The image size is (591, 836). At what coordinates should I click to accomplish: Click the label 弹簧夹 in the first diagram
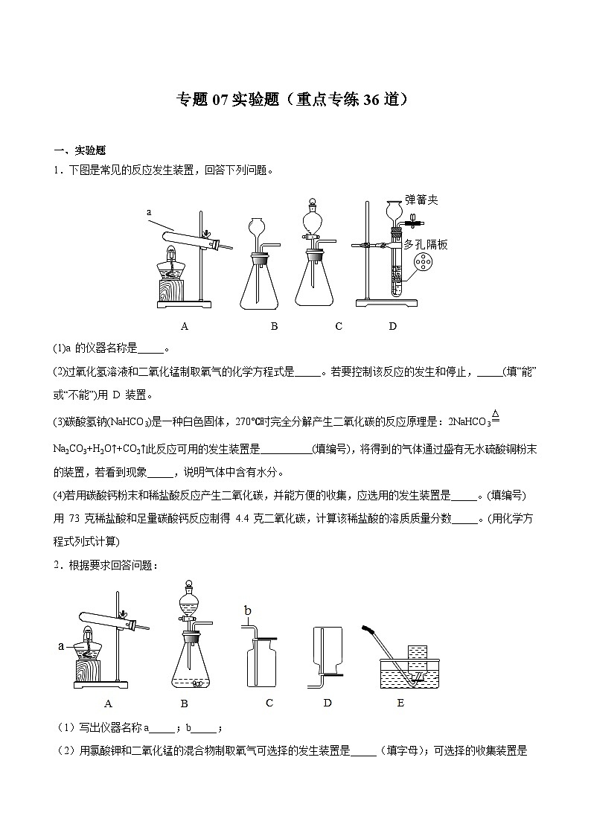(421, 200)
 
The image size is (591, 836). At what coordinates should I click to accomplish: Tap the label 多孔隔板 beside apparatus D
(426, 244)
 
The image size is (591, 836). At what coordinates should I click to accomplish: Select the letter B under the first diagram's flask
(274, 325)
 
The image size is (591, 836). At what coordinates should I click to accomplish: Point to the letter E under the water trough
(400, 702)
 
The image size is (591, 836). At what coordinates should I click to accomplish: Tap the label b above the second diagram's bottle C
(249, 610)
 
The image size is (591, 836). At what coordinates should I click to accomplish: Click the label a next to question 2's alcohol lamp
(62, 645)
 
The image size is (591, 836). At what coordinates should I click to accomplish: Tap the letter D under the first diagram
(392, 325)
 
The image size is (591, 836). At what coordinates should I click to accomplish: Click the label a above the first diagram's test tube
(149, 212)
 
